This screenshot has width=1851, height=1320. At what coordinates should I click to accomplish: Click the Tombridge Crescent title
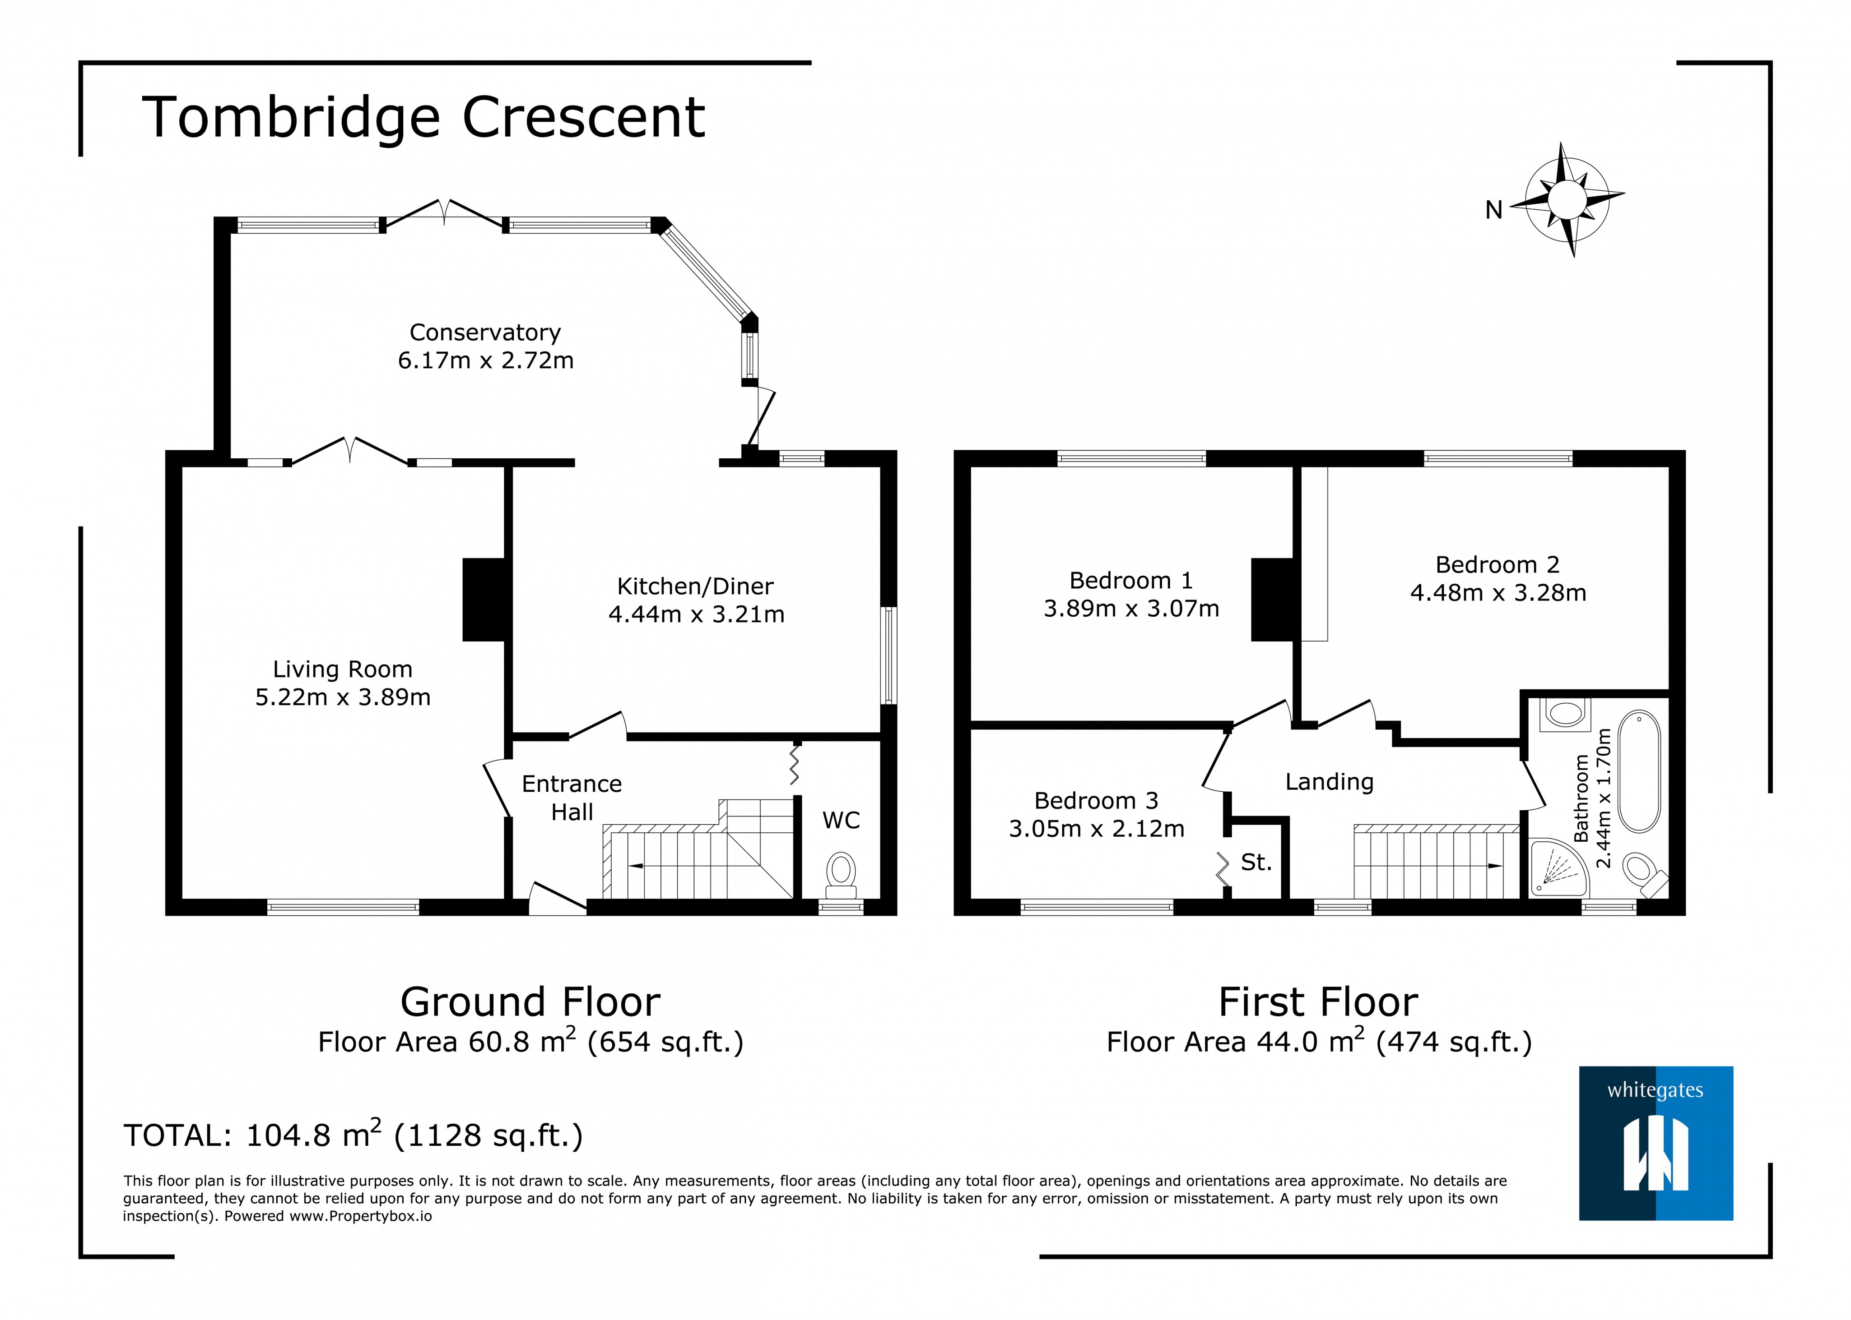[424, 118]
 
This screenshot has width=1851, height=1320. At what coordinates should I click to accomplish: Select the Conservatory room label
[485, 332]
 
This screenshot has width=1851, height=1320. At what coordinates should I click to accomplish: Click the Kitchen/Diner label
[695, 586]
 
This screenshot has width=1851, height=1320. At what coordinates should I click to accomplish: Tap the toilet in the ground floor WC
[841, 872]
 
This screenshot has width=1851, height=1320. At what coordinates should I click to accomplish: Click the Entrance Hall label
[571, 797]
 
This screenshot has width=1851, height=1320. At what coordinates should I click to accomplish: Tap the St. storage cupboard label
[1256, 863]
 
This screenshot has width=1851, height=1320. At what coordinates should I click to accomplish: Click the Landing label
[1329, 782]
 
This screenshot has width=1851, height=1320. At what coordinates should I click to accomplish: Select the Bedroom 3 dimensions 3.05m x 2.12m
[1096, 829]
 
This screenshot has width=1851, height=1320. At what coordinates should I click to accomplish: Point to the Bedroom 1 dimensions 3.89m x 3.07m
[1131, 609]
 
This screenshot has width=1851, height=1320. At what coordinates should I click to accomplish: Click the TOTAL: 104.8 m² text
[353, 1135]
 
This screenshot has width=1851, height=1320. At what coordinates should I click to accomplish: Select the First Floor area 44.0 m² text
[1318, 1042]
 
